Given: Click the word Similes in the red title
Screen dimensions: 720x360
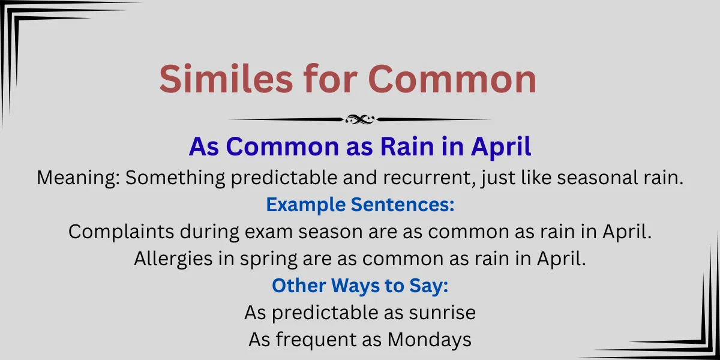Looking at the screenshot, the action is pyautogui.click(x=226, y=79).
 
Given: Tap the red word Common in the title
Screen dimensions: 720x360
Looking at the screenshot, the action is pyautogui.click(x=452, y=79).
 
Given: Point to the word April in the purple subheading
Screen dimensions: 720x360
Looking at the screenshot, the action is pyautogui.click(x=501, y=148).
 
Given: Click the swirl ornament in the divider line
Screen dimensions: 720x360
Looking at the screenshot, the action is pyautogui.click(x=360, y=119).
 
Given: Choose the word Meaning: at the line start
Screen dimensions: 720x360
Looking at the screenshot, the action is pyautogui.click(x=79, y=178).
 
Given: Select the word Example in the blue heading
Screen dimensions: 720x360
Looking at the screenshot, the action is pyautogui.click(x=305, y=205).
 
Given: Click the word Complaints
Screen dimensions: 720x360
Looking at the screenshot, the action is pyautogui.click(x=121, y=232).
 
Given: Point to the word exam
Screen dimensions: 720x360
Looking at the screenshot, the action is pyautogui.click(x=269, y=232).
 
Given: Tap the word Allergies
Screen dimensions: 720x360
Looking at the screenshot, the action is pyautogui.click(x=173, y=259).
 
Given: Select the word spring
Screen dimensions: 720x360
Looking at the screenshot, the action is pyautogui.click(x=268, y=259).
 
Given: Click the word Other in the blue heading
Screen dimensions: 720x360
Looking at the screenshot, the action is pyautogui.click(x=299, y=286).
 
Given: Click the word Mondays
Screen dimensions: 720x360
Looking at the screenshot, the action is pyautogui.click(x=430, y=340).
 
